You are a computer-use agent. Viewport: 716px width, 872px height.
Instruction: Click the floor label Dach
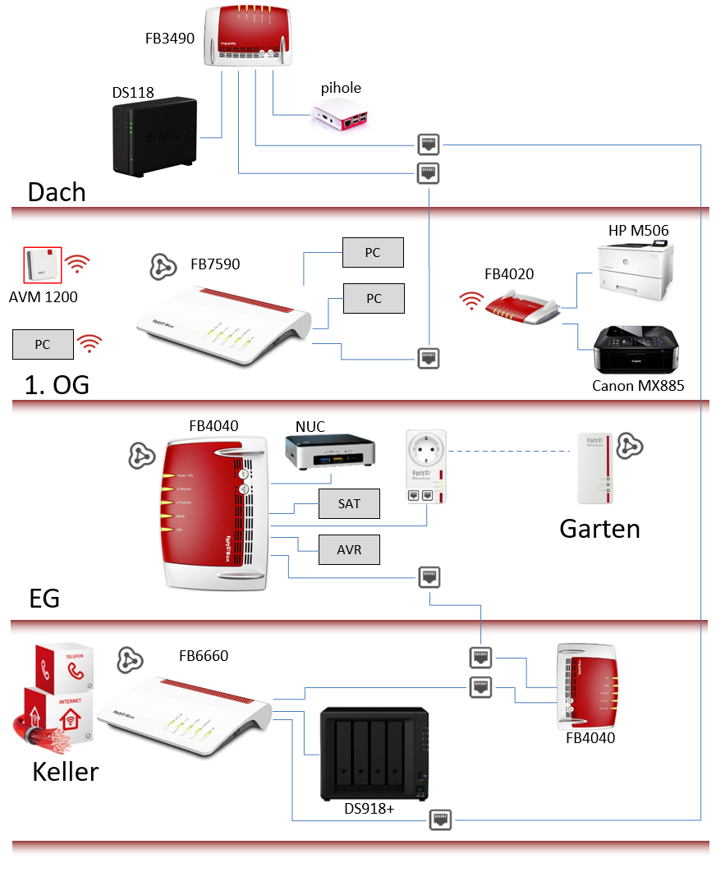(57, 192)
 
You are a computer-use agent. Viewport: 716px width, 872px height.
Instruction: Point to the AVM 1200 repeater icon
(43, 264)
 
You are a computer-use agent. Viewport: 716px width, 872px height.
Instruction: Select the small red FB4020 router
(521, 308)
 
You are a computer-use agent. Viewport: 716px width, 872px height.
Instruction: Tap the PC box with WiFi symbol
(43, 345)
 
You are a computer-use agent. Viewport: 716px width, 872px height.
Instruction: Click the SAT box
(349, 503)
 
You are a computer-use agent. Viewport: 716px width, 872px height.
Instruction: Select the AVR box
(349, 549)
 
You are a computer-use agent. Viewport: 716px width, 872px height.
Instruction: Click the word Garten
(599, 528)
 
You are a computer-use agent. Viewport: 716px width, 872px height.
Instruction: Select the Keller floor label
(66, 772)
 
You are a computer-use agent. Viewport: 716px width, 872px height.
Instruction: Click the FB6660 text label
(204, 656)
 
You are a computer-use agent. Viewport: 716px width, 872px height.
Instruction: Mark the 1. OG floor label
(57, 384)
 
